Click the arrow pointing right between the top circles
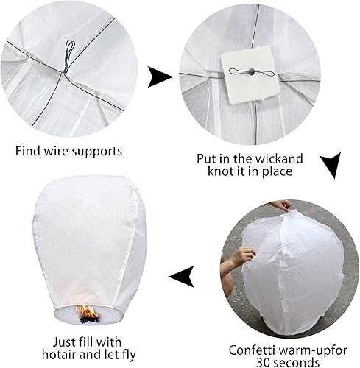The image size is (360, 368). point(160,77)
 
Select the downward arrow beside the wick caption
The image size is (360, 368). point(331,164)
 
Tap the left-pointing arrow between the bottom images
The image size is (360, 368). point(182,277)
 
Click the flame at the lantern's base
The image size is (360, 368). point(88,313)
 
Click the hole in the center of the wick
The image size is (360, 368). point(251,72)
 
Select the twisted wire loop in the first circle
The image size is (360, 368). point(68,55)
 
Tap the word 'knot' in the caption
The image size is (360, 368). point(219,171)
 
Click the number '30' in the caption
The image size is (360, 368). point(264,362)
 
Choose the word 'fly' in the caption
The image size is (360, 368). point(129,355)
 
